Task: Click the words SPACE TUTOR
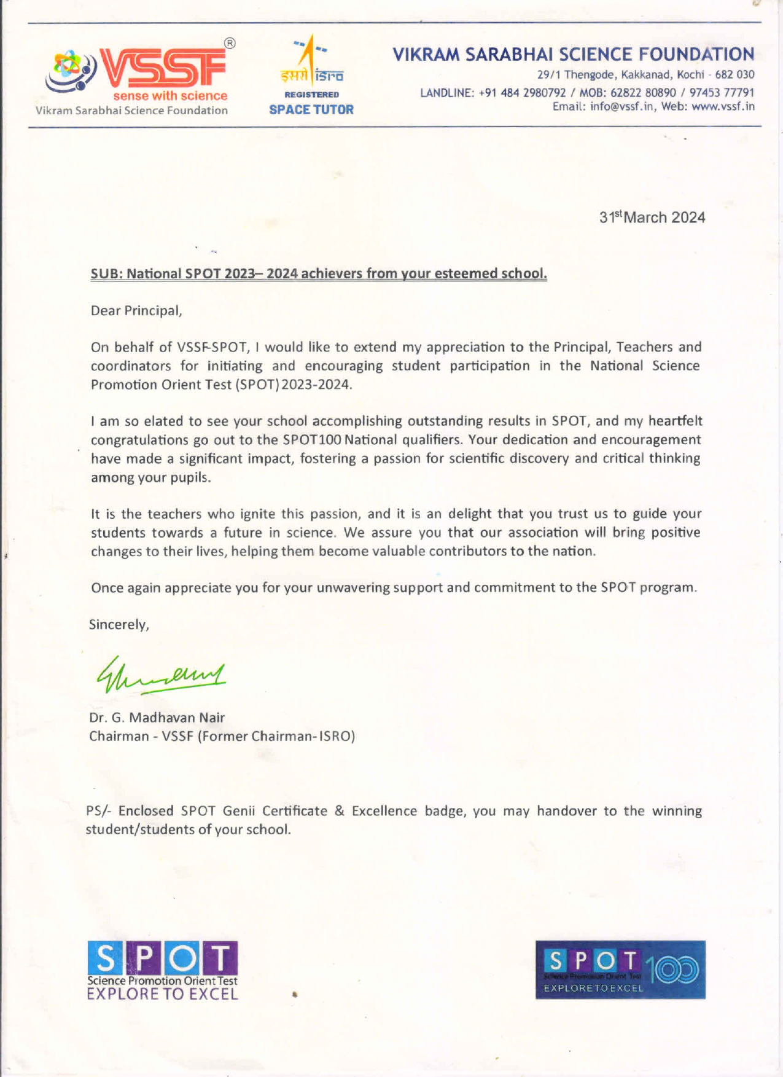coord(311,110)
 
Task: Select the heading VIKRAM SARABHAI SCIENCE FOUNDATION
coord(573,55)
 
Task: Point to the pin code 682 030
coord(734,75)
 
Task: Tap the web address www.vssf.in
coord(723,106)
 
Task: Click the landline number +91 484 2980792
coord(522,93)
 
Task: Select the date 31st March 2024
coord(652,217)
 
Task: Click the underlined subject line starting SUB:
coord(319,273)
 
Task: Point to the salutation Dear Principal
coord(136,311)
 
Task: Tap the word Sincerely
coord(119,625)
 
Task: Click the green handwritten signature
coord(161,675)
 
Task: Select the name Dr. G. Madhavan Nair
coord(157,718)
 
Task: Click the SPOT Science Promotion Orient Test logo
coord(162,970)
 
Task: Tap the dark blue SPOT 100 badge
coord(620,969)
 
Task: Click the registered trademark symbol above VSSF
coord(230,44)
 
